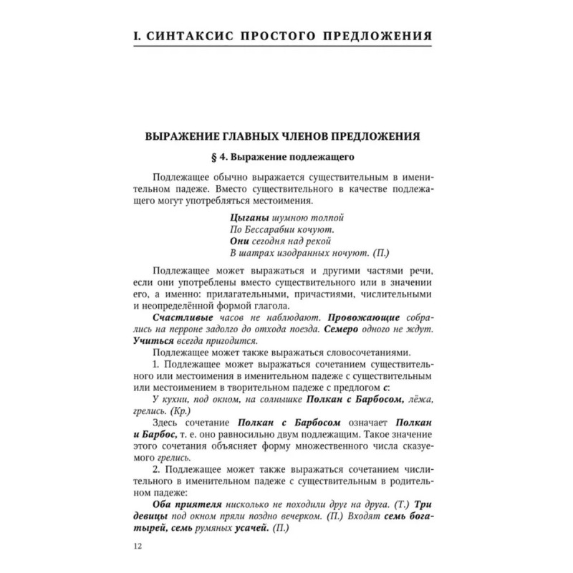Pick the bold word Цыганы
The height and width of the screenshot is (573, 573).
click(250, 216)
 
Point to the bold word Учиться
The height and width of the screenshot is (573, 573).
click(156, 342)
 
